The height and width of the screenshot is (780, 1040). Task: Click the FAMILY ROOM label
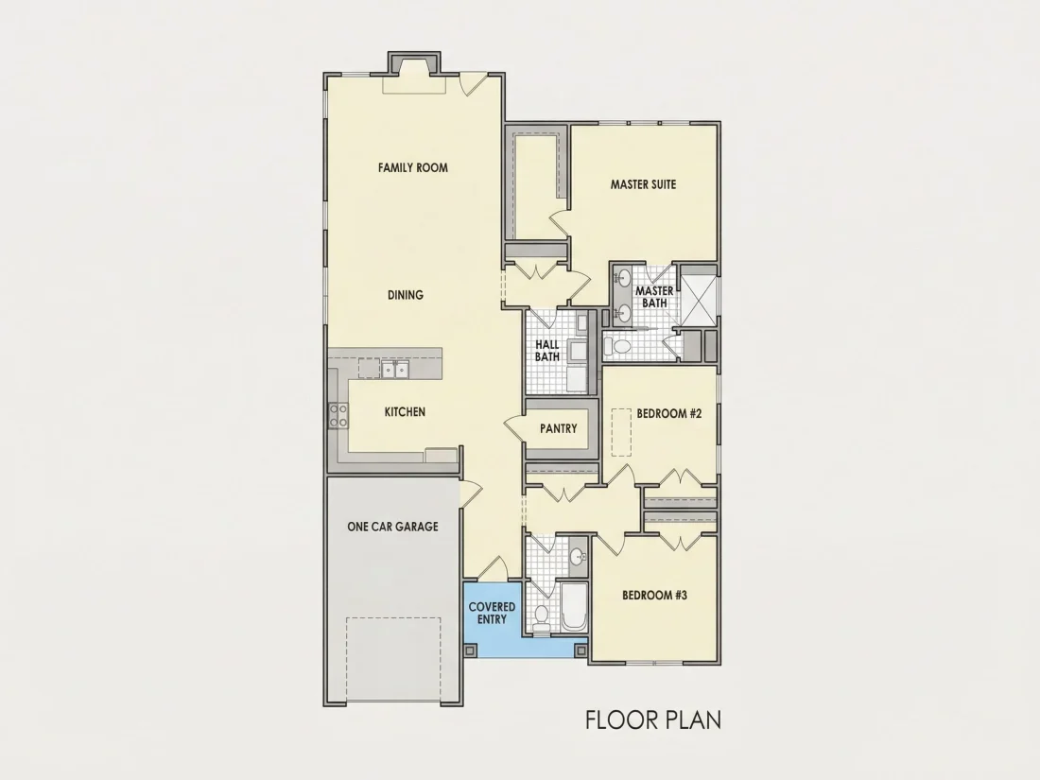[412, 167]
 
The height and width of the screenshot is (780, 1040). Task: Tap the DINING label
[406, 295]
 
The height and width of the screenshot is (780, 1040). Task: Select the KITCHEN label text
[405, 412]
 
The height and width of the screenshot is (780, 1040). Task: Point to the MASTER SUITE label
[643, 184]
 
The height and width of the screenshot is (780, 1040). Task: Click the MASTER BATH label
[654, 297]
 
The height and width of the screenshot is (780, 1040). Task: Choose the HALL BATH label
[547, 350]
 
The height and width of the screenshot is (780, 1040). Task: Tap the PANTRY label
[559, 429]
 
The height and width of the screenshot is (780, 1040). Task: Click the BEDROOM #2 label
[668, 414]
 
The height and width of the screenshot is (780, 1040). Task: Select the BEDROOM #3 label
[654, 595]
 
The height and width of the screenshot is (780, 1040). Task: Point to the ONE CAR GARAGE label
[392, 527]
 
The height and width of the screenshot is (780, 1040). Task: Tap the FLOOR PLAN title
[653, 719]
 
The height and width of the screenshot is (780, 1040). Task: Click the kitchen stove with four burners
[338, 416]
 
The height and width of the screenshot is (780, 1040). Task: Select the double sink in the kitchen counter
[395, 369]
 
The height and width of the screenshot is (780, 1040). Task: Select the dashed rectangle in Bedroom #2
[621, 432]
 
